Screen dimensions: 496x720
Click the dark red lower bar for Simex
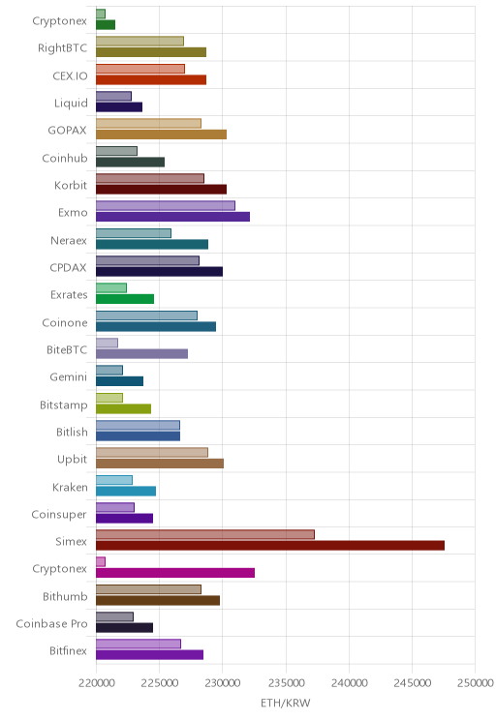pyautogui.click(x=270, y=546)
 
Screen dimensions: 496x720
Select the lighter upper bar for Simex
pyautogui.click(x=205, y=534)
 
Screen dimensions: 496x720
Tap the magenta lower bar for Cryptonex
pyautogui.click(x=175, y=573)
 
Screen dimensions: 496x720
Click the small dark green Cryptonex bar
pyautogui.click(x=106, y=25)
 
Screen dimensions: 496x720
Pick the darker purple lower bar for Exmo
pyautogui.click(x=172, y=217)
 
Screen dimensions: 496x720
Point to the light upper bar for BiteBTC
pyautogui.click(x=107, y=343)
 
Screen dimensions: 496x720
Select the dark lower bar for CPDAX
pyautogui.click(x=159, y=271)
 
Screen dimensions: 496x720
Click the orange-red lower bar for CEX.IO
pyautogui.click(x=151, y=80)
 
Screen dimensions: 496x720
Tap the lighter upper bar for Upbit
pyautogui.click(x=152, y=452)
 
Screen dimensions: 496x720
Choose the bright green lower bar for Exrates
pyautogui.click(x=125, y=299)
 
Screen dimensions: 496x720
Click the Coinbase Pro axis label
pyautogui.click(x=51, y=623)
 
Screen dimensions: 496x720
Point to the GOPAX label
pyautogui.click(x=67, y=131)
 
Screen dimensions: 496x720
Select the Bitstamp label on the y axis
pyautogui.click(x=63, y=405)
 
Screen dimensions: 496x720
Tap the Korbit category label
pyautogui.click(x=71, y=185)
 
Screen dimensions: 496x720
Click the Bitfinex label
pyautogui.click(x=68, y=650)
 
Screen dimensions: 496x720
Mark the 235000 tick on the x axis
pyautogui.click(x=286, y=683)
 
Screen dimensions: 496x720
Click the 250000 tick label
pyautogui.click(x=475, y=683)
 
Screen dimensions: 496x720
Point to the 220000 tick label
pyautogui.click(x=97, y=683)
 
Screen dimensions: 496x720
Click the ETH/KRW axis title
pyautogui.click(x=286, y=703)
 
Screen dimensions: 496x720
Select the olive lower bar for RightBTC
pyautogui.click(x=151, y=52)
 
